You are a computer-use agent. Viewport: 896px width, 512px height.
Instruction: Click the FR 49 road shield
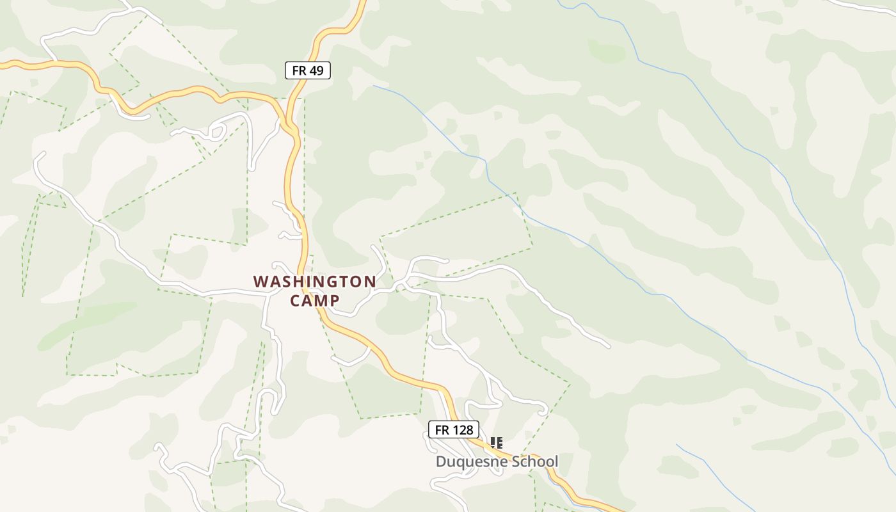(307, 70)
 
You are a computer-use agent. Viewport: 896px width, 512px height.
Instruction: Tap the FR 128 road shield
(454, 429)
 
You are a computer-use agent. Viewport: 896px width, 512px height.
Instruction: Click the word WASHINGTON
(314, 282)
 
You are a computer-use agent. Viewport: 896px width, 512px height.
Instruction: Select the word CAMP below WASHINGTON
(314, 300)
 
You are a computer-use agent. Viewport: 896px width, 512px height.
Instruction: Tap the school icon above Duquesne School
(496, 442)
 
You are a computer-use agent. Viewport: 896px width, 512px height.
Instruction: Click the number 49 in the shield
(316, 70)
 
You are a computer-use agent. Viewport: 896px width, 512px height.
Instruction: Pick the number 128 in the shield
(462, 429)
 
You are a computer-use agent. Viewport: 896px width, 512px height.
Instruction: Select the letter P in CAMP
(334, 300)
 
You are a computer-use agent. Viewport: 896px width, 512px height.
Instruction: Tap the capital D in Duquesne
(441, 461)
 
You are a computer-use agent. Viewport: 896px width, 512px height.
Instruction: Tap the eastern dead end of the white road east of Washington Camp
(608, 346)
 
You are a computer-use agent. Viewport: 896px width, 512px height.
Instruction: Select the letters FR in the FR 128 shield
(442, 429)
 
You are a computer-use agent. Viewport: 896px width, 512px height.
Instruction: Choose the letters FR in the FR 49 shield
(299, 70)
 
